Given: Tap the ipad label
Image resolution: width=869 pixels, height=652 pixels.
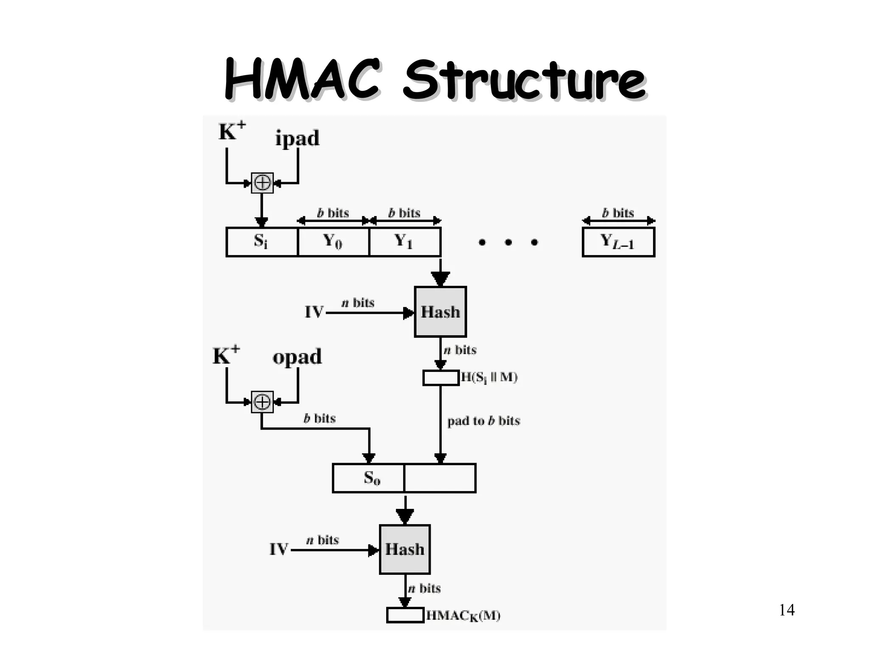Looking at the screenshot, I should (x=297, y=138).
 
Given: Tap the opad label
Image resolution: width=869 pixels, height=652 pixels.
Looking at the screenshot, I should (x=297, y=357).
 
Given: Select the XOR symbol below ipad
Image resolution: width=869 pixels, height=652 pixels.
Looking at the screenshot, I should (x=262, y=183).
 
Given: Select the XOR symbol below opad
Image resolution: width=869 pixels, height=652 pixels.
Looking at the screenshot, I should (x=262, y=402).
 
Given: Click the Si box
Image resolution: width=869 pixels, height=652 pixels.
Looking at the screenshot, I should (x=262, y=242).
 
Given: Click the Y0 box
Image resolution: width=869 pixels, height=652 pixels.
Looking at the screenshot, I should (x=334, y=242).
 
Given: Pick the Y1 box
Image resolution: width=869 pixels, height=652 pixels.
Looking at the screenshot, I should (x=405, y=242).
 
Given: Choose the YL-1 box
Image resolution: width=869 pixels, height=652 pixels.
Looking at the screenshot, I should (x=618, y=242).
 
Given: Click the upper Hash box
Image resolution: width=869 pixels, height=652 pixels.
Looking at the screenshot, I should (x=440, y=312).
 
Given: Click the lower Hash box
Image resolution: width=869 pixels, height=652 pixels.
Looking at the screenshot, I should (x=404, y=549).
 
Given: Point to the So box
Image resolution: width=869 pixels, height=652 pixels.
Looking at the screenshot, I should (x=368, y=478).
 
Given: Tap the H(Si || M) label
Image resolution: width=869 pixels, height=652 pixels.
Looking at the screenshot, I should (x=489, y=377).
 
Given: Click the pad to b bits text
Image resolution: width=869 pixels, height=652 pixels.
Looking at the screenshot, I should (x=483, y=421).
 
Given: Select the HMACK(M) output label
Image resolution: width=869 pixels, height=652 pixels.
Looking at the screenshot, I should (x=463, y=615).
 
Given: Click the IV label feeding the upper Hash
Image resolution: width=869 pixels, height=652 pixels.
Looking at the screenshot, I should (x=314, y=312).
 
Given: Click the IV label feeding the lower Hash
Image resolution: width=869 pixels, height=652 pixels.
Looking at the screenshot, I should (x=279, y=550).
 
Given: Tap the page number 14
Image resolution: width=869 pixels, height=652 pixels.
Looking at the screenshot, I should (x=787, y=610).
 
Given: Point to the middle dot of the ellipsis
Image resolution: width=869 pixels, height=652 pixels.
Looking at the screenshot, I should (x=508, y=242).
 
